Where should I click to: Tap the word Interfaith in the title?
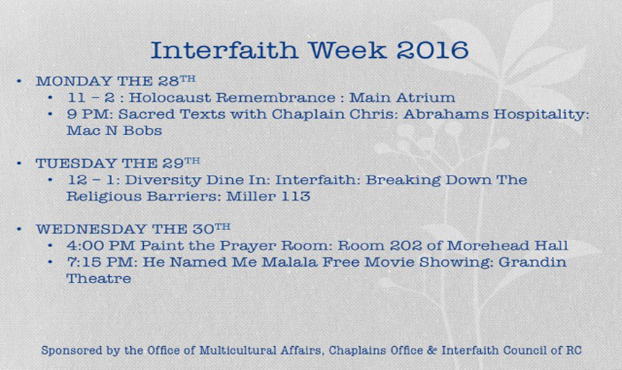(224, 51)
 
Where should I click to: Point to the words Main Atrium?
(402, 98)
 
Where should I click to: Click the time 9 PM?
(90, 114)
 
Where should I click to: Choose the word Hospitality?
(542, 115)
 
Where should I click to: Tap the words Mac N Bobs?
(114, 131)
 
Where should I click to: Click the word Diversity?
(163, 181)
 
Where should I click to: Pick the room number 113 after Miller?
(296, 197)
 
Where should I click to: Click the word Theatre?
(99, 279)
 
